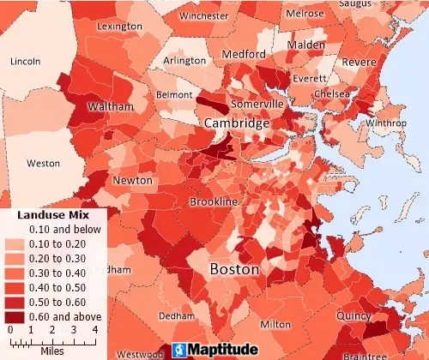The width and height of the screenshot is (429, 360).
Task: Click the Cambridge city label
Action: pos(236,124)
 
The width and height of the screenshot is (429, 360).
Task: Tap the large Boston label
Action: pos(234,269)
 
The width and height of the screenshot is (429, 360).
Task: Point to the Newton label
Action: pos(133,181)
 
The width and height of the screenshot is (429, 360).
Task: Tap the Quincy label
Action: pos(354,315)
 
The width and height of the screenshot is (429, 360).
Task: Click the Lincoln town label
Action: pos(25,62)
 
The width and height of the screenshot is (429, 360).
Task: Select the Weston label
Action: pos(44,163)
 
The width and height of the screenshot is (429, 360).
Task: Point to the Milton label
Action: pos(275,325)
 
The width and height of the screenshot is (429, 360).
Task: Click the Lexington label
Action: pos(119,27)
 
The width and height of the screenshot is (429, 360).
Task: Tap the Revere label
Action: pos(360,62)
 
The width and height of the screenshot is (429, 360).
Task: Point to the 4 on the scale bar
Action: pos(95,329)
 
